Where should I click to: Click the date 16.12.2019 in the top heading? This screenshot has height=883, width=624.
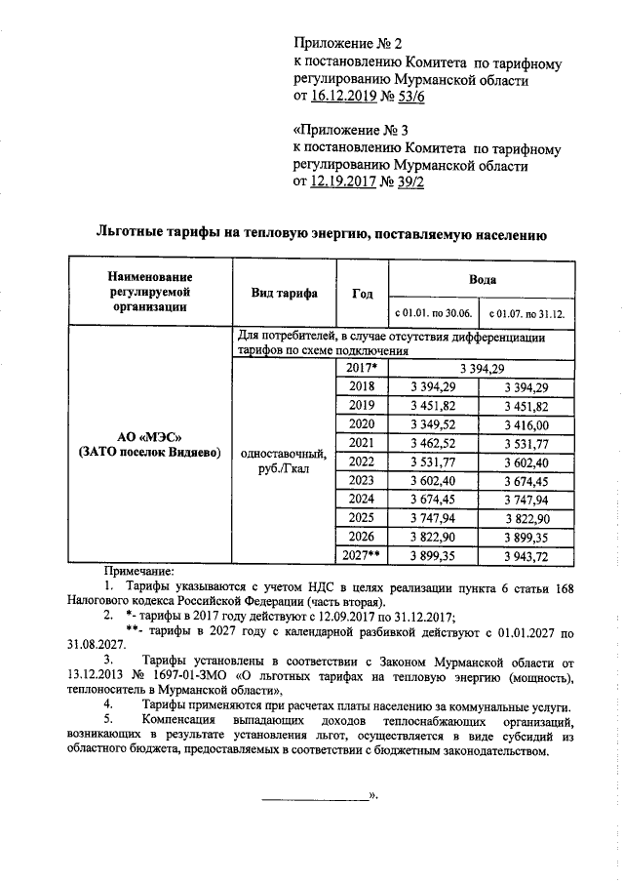(344, 98)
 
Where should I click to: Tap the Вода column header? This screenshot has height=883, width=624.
(482, 278)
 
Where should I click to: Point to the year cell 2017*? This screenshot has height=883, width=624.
(361, 368)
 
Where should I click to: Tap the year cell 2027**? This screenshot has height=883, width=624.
(361, 554)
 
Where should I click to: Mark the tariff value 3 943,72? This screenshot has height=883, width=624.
(527, 554)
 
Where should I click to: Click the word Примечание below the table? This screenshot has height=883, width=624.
(139, 570)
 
